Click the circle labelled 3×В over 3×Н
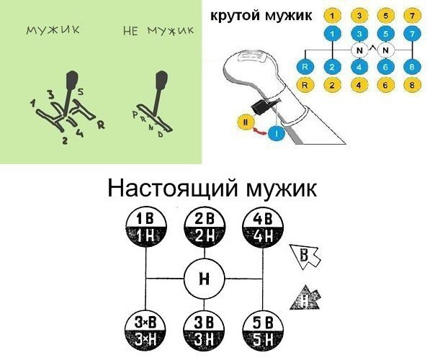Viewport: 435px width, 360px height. pos(146,329)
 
